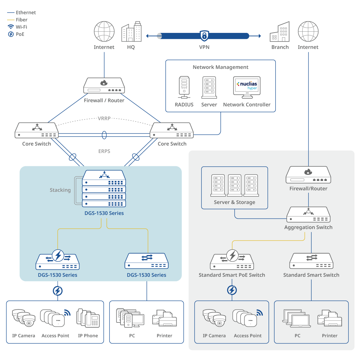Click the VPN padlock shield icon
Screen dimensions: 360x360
204,36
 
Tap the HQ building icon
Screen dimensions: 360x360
131,32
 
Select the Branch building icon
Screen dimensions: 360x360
280,32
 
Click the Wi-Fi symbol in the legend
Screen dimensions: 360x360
11,27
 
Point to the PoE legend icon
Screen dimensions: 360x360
11,34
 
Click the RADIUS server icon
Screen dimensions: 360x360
184,87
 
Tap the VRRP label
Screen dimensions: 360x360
104,118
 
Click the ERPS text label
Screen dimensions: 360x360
104,151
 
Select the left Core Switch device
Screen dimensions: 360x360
37,131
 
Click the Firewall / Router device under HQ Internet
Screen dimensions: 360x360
104,86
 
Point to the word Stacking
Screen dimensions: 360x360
60,190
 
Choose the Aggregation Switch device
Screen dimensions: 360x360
308,215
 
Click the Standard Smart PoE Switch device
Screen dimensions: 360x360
232,261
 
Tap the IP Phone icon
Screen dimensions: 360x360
88,318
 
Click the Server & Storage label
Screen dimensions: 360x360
234,202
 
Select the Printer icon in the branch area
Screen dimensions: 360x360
330,318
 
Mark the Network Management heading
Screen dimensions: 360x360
220,67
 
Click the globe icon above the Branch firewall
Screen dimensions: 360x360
308,31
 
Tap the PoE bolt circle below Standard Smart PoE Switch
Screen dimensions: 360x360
232,290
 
